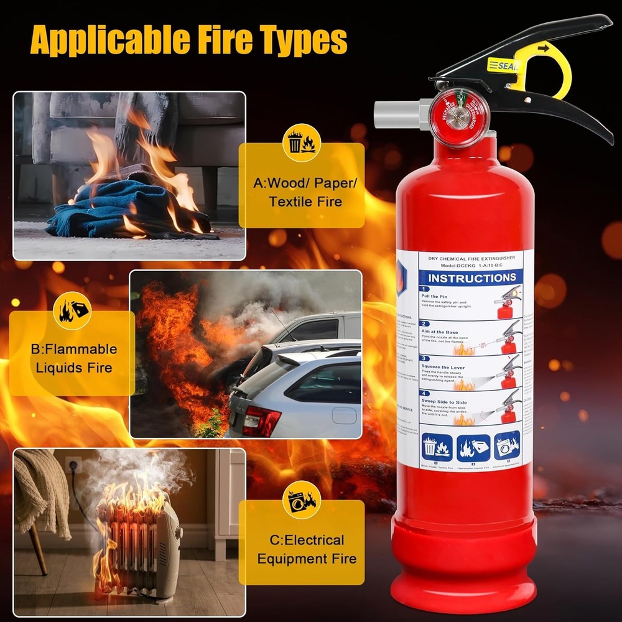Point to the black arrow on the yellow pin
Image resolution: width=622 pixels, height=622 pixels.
point(544,47)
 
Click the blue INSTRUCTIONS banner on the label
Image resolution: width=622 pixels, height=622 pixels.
point(471,278)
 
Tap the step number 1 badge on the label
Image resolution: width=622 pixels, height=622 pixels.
point(425,290)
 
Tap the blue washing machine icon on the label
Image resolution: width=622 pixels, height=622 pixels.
point(506,446)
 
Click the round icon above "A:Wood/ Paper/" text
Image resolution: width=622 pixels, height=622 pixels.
point(301,142)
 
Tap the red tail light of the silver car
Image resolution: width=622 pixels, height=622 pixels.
point(261,421)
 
